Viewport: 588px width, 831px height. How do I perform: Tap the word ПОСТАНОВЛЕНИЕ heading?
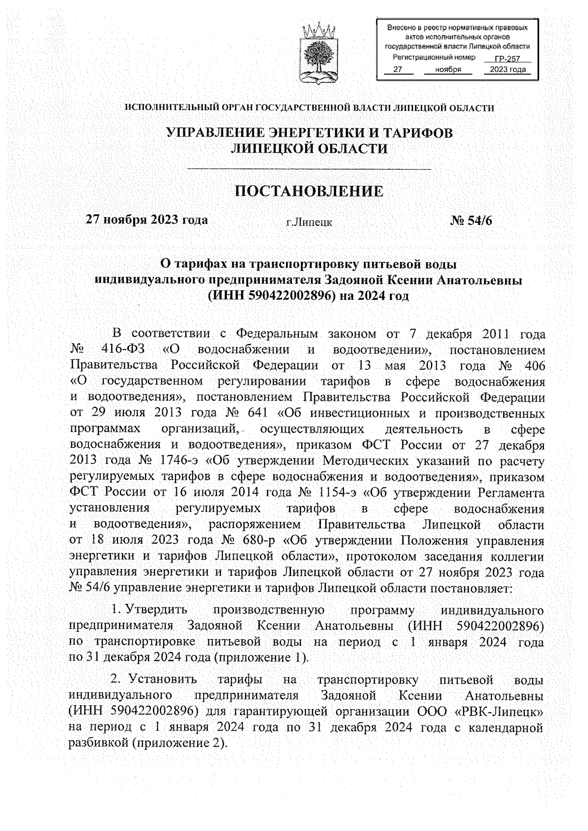coord(310,191)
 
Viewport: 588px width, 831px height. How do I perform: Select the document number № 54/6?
coord(471,220)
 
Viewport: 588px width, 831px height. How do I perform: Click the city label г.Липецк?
coord(309,222)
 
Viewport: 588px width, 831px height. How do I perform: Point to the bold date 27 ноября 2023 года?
coord(147,219)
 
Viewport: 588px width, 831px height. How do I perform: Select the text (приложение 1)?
coord(262,657)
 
